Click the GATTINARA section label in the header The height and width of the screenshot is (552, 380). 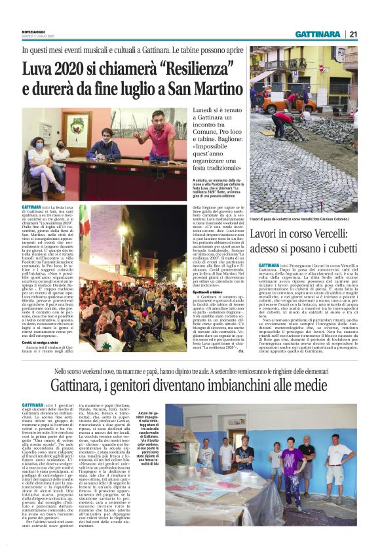(x=317, y=34)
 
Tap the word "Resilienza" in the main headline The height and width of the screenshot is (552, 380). (x=179, y=68)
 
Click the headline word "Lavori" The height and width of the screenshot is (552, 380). (x=267, y=233)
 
